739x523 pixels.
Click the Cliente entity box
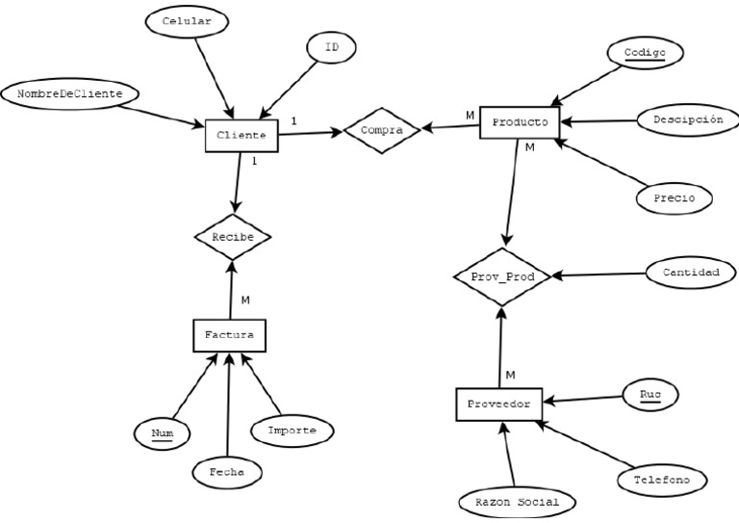pyautogui.click(x=242, y=136)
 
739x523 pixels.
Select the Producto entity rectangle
pyautogui.click(x=520, y=122)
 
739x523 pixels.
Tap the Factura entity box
pyautogui.click(x=229, y=335)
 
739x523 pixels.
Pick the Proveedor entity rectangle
pyautogui.click(x=499, y=405)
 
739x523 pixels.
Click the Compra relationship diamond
pyautogui.click(x=381, y=129)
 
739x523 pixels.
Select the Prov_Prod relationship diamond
pyautogui.click(x=501, y=276)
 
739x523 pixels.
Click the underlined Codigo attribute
pyautogui.click(x=645, y=51)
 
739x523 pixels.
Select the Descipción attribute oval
pyautogui.click(x=687, y=120)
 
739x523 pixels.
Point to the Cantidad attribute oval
pyautogui.click(x=691, y=273)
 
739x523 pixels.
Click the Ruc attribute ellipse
pyautogui.click(x=650, y=394)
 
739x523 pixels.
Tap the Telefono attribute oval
pyautogui.click(x=661, y=478)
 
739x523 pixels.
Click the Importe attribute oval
pyautogui.click(x=292, y=430)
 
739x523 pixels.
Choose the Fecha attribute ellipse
pyautogui.click(x=227, y=472)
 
